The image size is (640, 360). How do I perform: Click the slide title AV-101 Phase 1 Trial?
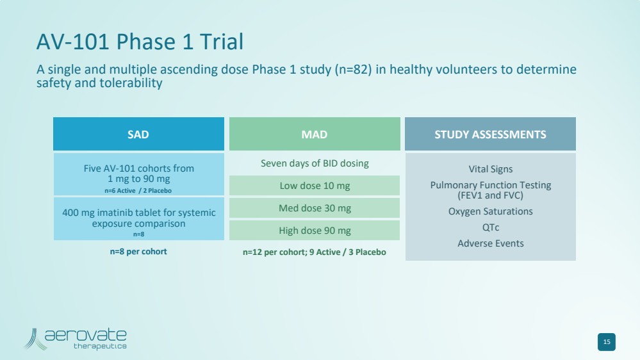point(140,42)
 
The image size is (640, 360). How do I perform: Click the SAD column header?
point(138,134)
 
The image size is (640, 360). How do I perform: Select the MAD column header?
point(315,134)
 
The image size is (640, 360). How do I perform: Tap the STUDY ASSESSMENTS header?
point(490,134)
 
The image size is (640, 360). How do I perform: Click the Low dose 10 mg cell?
point(315,186)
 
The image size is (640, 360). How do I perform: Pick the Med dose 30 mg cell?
point(315,208)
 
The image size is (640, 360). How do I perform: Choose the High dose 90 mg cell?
point(315,231)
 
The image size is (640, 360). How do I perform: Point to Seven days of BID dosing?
point(315,163)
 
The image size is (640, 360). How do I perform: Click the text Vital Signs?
point(490,169)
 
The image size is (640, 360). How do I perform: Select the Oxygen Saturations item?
point(490,211)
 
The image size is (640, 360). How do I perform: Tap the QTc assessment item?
point(490,227)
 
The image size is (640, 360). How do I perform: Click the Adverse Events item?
point(490,243)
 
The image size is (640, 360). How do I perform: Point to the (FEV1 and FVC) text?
point(490,195)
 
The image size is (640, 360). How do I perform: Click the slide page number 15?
point(607,342)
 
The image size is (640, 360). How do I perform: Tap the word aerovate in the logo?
point(85,335)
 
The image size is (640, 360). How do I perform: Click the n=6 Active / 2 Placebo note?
point(138,191)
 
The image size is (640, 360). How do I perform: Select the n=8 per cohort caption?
point(138,252)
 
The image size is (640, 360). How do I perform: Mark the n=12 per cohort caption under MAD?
point(315,252)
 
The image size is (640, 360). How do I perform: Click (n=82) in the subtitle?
point(353,69)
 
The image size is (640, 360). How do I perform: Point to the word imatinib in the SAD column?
point(115,213)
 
